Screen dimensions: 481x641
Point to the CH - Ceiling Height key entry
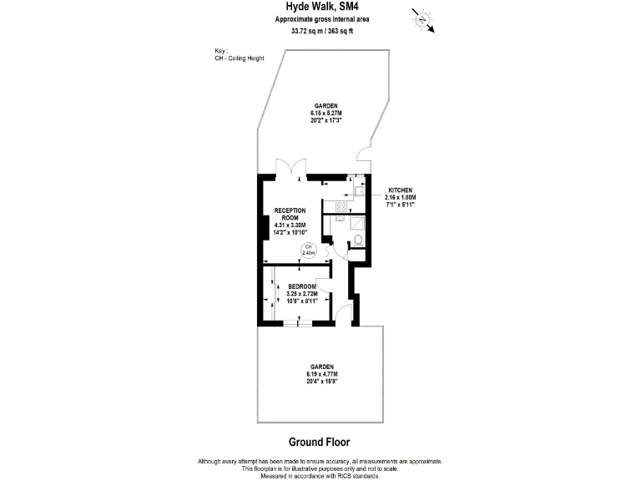click(x=239, y=57)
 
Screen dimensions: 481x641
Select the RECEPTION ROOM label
click(x=290, y=214)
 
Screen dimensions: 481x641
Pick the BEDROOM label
click(x=301, y=286)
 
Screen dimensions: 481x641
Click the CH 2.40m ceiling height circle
click(x=307, y=250)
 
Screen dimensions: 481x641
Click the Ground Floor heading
click(x=320, y=442)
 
